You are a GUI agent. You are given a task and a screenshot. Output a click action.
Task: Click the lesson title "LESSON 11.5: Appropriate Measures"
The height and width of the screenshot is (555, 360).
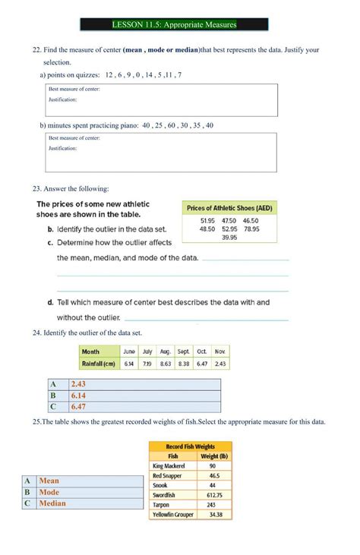[x=175, y=24]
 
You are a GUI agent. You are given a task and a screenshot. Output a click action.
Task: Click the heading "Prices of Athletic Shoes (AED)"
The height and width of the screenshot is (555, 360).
[x=229, y=207]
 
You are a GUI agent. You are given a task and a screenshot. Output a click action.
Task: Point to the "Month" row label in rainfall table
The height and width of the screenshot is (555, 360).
[x=91, y=352]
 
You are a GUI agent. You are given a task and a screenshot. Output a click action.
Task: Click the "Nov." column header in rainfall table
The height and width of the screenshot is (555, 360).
[x=220, y=352]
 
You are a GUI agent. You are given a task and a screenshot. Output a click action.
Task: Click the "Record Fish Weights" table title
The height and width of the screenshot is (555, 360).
[x=191, y=446]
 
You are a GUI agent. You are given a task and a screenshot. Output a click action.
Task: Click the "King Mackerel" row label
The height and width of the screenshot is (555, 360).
[x=169, y=465]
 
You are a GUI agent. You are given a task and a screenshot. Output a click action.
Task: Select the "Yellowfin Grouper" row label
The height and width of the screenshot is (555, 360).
[x=172, y=515]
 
